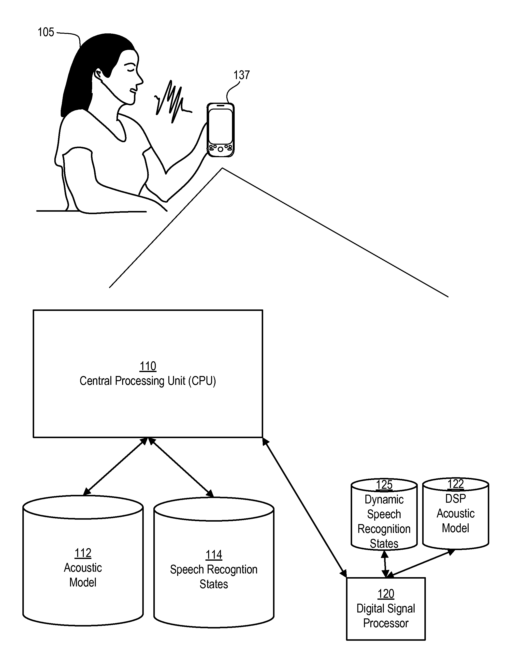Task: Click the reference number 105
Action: coord(46,32)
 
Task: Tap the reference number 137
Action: coord(242,75)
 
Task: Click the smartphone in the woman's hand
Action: coord(221,130)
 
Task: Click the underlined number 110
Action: coord(148,366)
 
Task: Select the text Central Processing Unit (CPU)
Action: coord(148,381)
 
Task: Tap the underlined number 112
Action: coord(83,553)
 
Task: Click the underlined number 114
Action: coord(214,555)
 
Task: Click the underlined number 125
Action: coord(384,485)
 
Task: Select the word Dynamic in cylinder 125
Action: coord(384,500)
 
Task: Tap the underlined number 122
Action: coord(456,484)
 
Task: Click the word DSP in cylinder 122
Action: coord(456,499)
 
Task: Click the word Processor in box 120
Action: coord(386,623)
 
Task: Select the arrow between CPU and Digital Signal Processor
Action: coord(304,508)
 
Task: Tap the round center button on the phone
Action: coord(220,149)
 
